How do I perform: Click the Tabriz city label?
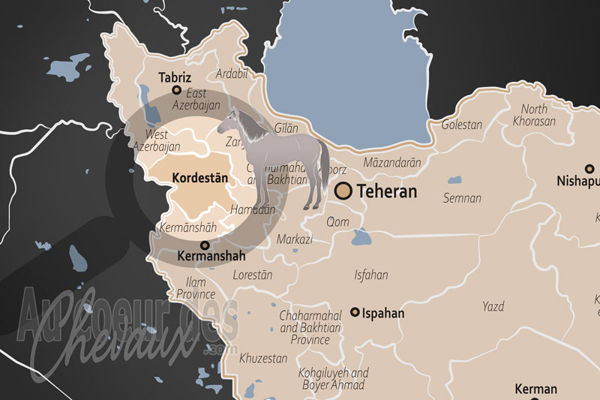(175, 77)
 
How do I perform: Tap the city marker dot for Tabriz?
(177, 90)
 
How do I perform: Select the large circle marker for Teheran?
(344, 191)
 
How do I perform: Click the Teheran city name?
(386, 191)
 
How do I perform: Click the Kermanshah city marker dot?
(204, 245)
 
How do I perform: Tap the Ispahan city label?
(383, 313)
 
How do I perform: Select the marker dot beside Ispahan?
(355, 313)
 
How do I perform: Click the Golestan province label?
(461, 125)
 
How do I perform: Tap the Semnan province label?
(462, 198)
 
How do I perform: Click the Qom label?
(338, 221)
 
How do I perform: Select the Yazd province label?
(493, 306)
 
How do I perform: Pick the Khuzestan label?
(262, 358)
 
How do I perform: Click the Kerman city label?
(535, 389)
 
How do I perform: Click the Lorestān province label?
(253, 275)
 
